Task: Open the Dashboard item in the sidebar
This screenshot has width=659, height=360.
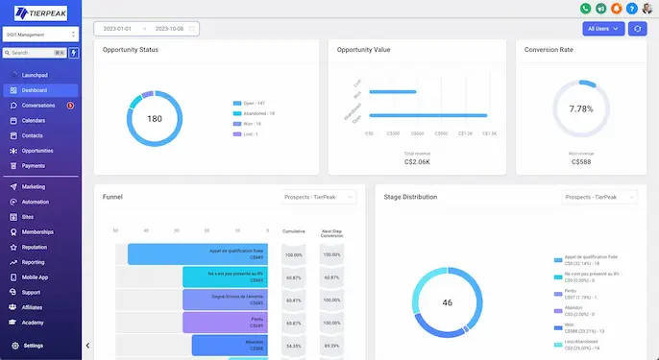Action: [x=35, y=90]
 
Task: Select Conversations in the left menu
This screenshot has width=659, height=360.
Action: [x=38, y=106]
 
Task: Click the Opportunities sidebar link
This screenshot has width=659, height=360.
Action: [x=37, y=151]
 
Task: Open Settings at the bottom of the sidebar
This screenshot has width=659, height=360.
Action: [x=33, y=346]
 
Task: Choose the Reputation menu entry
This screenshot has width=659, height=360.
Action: [x=37, y=247]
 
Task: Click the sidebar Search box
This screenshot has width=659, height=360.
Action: [x=34, y=53]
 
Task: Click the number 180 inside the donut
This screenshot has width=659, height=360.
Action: [x=154, y=118]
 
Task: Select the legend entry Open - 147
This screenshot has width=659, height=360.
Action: [x=253, y=103]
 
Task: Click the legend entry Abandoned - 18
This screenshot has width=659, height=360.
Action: [x=256, y=113]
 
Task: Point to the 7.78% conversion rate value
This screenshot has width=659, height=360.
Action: [x=581, y=109]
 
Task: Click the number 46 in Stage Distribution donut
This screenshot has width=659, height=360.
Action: [x=447, y=302]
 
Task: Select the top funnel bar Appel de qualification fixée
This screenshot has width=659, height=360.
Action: [x=197, y=253]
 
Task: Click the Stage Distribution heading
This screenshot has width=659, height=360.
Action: [x=410, y=197]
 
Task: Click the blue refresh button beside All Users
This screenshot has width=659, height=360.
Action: [x=636, y=29]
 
